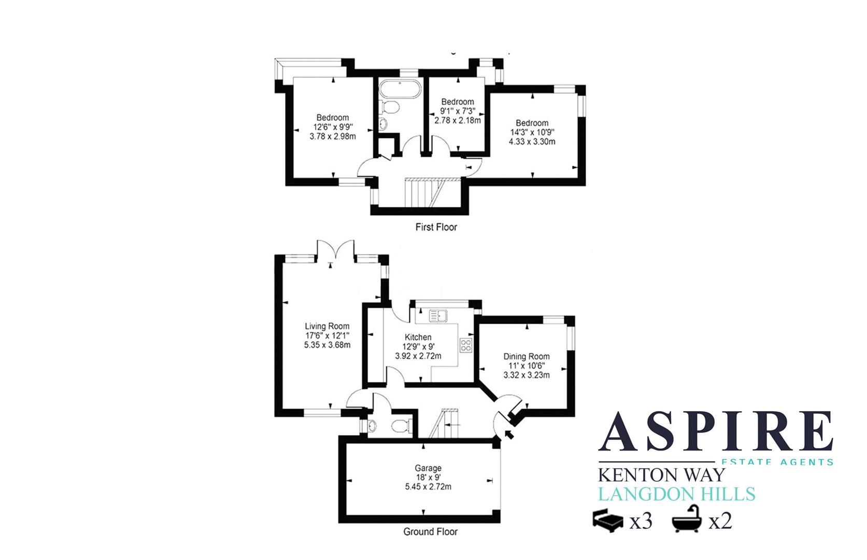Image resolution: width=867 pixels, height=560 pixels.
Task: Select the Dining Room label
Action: (x=527, y=357)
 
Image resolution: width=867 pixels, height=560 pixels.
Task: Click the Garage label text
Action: (x=424, y=468)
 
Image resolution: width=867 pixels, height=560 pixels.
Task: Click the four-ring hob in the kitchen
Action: (x=466, y=345)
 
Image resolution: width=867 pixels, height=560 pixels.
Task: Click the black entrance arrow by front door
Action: (x=509, y=435)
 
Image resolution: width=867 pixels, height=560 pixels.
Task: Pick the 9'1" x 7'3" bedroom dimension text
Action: (x=458, y=111)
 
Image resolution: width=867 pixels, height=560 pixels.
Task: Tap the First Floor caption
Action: (x=436, y=227)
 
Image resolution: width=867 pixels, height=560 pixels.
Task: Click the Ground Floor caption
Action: (x=430, y=531)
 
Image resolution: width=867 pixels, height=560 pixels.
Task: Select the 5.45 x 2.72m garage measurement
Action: (x=424, y=487)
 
